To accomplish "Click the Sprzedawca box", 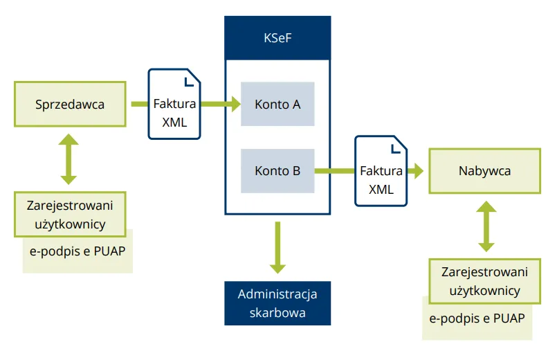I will pos(70,105).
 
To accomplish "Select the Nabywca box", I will pos(484,170).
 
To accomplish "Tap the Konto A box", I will pos(277,105).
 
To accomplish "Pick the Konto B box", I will pos(277,170).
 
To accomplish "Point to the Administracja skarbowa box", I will pos(277,303).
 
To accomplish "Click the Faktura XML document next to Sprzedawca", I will pos(174,105).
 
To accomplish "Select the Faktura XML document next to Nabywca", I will pos(381,171).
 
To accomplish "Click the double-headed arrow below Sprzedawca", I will pos(69,159).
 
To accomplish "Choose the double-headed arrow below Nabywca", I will pos(487,226).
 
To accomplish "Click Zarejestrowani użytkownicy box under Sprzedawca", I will pos(70,214).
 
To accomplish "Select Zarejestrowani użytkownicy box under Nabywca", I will pos(484,280).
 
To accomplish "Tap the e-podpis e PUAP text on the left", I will pos(77,251).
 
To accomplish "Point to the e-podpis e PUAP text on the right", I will pos(477,318).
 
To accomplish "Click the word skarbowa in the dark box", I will pos(277,312).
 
